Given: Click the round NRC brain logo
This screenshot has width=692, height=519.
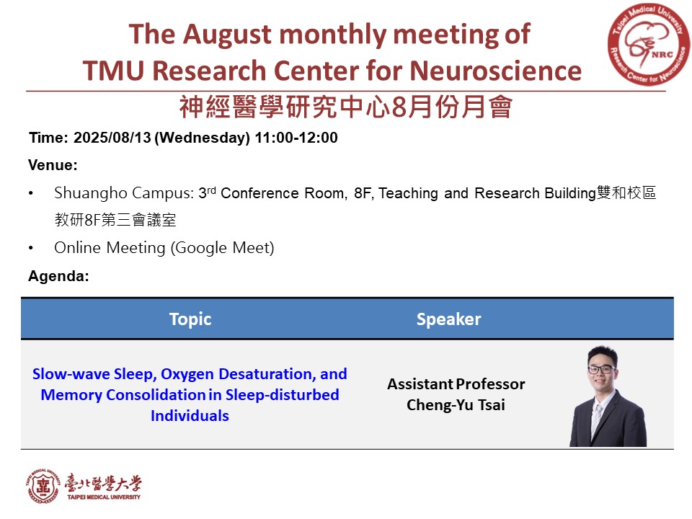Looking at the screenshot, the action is pos(648,45).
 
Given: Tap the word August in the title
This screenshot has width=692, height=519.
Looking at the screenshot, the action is pos(227,35).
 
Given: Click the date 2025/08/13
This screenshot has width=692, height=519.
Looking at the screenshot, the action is pos(112,138).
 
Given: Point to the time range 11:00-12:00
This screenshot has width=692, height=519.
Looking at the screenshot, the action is pos(296,138).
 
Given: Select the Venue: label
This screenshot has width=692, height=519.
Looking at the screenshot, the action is pos(53,165).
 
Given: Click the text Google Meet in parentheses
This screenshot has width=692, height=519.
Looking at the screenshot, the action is pos(223,247).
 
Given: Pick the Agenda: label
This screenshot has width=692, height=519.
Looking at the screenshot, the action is pos(58,276).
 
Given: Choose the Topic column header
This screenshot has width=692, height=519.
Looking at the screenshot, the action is pos(190,319).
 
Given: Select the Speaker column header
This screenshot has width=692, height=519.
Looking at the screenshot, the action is pos(449,319).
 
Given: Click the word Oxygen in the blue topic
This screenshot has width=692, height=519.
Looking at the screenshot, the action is pos(187,374).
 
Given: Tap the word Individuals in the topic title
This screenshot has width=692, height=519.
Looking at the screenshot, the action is pos(190,416).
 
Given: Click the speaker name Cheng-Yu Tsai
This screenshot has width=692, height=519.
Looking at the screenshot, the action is pos(456,404).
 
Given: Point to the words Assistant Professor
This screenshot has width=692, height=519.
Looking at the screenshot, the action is pos(456,384).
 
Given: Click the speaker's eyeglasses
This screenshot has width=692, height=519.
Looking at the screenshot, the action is pos(601,368).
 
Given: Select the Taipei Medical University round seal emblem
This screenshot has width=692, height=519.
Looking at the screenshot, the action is pos(43,487).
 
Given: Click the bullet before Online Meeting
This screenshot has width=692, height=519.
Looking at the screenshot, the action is pos(31,248).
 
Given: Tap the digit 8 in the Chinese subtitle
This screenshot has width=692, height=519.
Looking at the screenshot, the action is pos(399,107).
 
